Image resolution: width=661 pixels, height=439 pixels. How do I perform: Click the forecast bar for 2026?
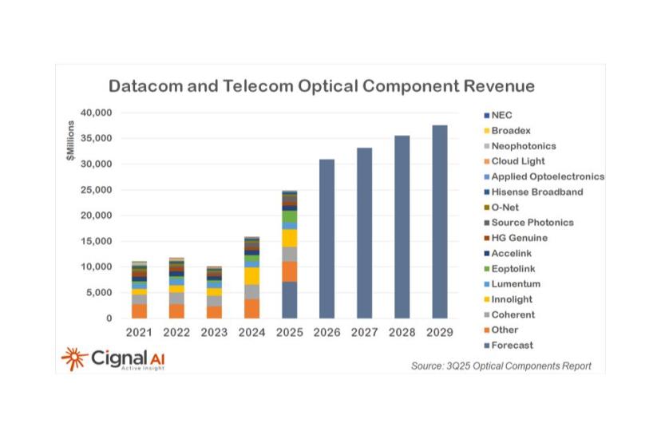(327, 239)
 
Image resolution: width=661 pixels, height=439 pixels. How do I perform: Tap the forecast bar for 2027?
(364, 232)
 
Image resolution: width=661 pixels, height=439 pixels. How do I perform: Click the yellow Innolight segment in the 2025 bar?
(289, 238)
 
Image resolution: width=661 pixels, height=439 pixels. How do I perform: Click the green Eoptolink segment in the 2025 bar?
(289, 216)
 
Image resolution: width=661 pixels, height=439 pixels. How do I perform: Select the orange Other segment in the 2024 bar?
(251, 308)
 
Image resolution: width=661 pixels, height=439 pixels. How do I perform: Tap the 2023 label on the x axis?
(214, 331)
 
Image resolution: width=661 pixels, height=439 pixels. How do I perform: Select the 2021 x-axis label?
(139, 331)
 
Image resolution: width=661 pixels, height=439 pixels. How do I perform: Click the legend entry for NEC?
(501, 116)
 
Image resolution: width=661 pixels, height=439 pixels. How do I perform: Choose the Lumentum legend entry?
(515, 284)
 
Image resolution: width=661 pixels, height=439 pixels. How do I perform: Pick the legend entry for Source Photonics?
(532, 223)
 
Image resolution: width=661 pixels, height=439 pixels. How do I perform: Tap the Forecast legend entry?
(511, 346)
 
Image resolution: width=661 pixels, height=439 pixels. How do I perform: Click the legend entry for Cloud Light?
(517, 161)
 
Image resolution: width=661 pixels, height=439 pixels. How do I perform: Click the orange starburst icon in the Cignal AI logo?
(75, 358)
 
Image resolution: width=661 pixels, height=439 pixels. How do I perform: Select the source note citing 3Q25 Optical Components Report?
(501, 366)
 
